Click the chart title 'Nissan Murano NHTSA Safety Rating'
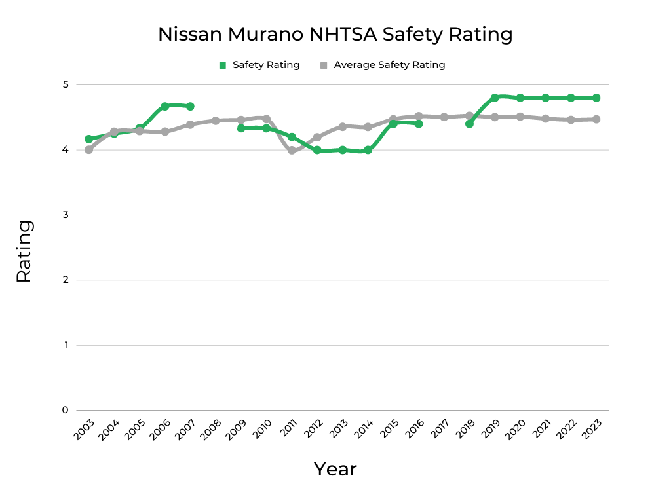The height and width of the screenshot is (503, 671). click(x=335, y=34)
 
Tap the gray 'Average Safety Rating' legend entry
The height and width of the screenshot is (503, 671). click(x=383, y=65)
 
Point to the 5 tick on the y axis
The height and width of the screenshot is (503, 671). click(x=66, y=84)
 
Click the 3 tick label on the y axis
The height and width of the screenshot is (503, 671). click(x=66, y=215)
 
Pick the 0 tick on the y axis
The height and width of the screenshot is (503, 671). click(x=66, y=410)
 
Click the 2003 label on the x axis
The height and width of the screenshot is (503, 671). click(x=84, y=430)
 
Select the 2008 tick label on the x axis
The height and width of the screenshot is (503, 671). click(x=211, y=430)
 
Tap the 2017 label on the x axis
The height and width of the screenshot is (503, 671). click(x=440, y=430)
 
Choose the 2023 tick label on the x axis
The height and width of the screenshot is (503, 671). click(x=592, y=430)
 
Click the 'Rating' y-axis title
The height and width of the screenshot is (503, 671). click(x=24, y=251)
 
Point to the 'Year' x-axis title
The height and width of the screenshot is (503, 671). click(x=335, y=469)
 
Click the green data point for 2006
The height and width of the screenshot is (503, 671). click(x=165, y=106)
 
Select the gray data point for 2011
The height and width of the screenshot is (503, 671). click(x=292, y=150)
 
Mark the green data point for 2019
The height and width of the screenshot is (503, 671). click(x=495, y=98)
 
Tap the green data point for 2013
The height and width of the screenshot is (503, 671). click(x=343, y=150)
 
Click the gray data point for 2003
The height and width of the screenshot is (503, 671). click(x=88, y=150)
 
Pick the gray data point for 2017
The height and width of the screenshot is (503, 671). click(x=444, y=117)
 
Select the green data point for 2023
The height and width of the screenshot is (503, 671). click(x=596, y=98)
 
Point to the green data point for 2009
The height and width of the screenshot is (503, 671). click(x=241, y=128)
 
